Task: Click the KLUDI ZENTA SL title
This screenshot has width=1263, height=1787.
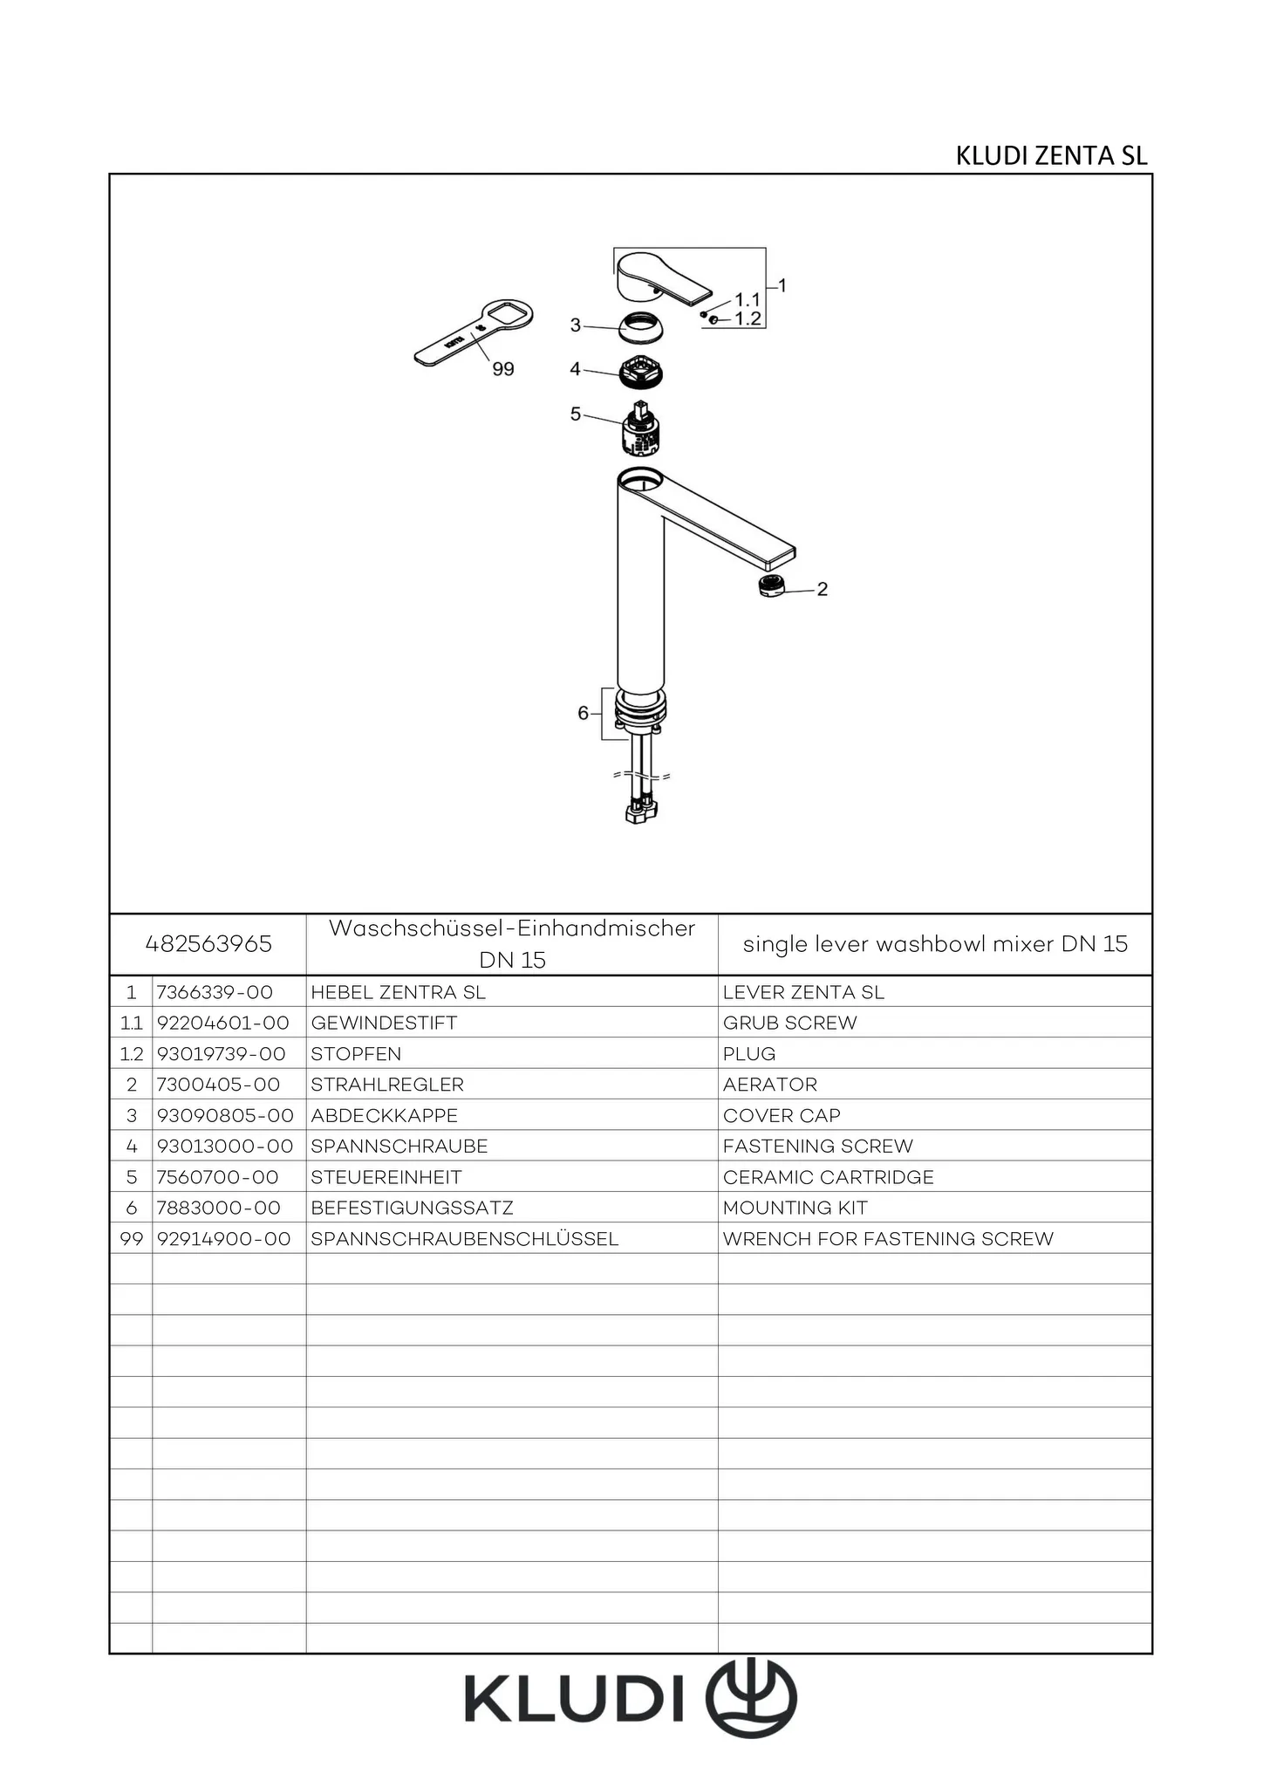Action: click(x=1051, y=155)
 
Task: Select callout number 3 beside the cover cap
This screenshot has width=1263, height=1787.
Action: click(x=575, y=325)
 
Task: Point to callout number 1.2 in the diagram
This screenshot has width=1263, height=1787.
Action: click(x=748, y=318)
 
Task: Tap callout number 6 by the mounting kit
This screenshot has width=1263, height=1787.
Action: click(x=583, y=713)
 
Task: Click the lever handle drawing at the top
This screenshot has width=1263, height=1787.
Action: click(x=662, y=277)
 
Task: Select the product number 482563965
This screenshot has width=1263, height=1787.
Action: click(x=208, y=944)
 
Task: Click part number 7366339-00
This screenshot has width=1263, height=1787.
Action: click(x=215, y=992)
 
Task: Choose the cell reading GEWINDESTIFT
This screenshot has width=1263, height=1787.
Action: click(x=384, y=1023)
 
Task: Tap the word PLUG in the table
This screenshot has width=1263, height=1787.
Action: click(x=749, y=1054)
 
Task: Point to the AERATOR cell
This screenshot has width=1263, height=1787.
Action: click(x=770, y=1085)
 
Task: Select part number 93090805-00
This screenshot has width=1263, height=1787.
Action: click(x=225, y=1115)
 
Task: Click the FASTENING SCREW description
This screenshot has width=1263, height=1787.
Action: click(x=818, y=1146)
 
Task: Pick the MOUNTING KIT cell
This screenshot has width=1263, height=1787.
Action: click(x=795, y=1208)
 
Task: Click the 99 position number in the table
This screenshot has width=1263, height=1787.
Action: click(x=132, y=1238)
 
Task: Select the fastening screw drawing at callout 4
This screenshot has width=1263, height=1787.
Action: click(x=644, y=373)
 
